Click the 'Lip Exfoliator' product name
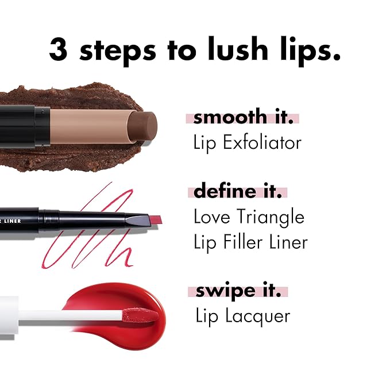(247, 142)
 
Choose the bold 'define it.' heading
(238, 191)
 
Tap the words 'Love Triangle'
(249, 217)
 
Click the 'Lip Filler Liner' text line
(250, 242)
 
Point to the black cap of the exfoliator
(23, 126)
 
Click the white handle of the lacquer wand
(63, 315)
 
